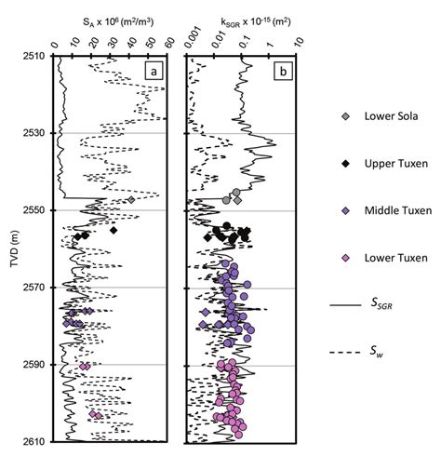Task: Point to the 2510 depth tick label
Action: (33, 57)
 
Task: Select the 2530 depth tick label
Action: (33, 133)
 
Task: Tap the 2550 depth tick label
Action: (33, 210)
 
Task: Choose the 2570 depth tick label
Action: (33, 288)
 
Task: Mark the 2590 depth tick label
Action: (33, 365)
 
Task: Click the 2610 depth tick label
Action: (33, 441)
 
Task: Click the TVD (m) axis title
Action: (10, 248)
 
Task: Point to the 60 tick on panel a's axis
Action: (170, 42)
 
